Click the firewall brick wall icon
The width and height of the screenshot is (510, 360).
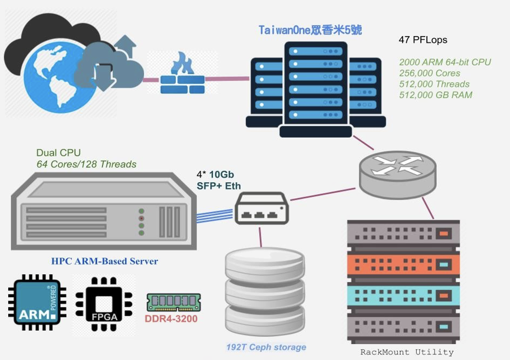[182, 75]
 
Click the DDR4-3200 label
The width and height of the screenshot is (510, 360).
[171, 319]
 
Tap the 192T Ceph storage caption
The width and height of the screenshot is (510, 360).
[266, 347]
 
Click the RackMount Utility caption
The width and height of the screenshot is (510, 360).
[407, 352]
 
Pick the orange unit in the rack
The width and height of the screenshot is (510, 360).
[403, 264]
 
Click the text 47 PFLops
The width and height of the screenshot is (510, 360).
[423, 40]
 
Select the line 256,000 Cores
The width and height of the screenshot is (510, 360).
[429, 73]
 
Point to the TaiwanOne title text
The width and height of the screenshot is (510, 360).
[310, 30]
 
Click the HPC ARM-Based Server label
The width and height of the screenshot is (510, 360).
[104, 262]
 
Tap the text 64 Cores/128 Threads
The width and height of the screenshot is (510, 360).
[86, 164]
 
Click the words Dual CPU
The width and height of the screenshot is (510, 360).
[58, 153]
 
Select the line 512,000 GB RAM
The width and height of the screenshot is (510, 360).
[435, 95]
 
